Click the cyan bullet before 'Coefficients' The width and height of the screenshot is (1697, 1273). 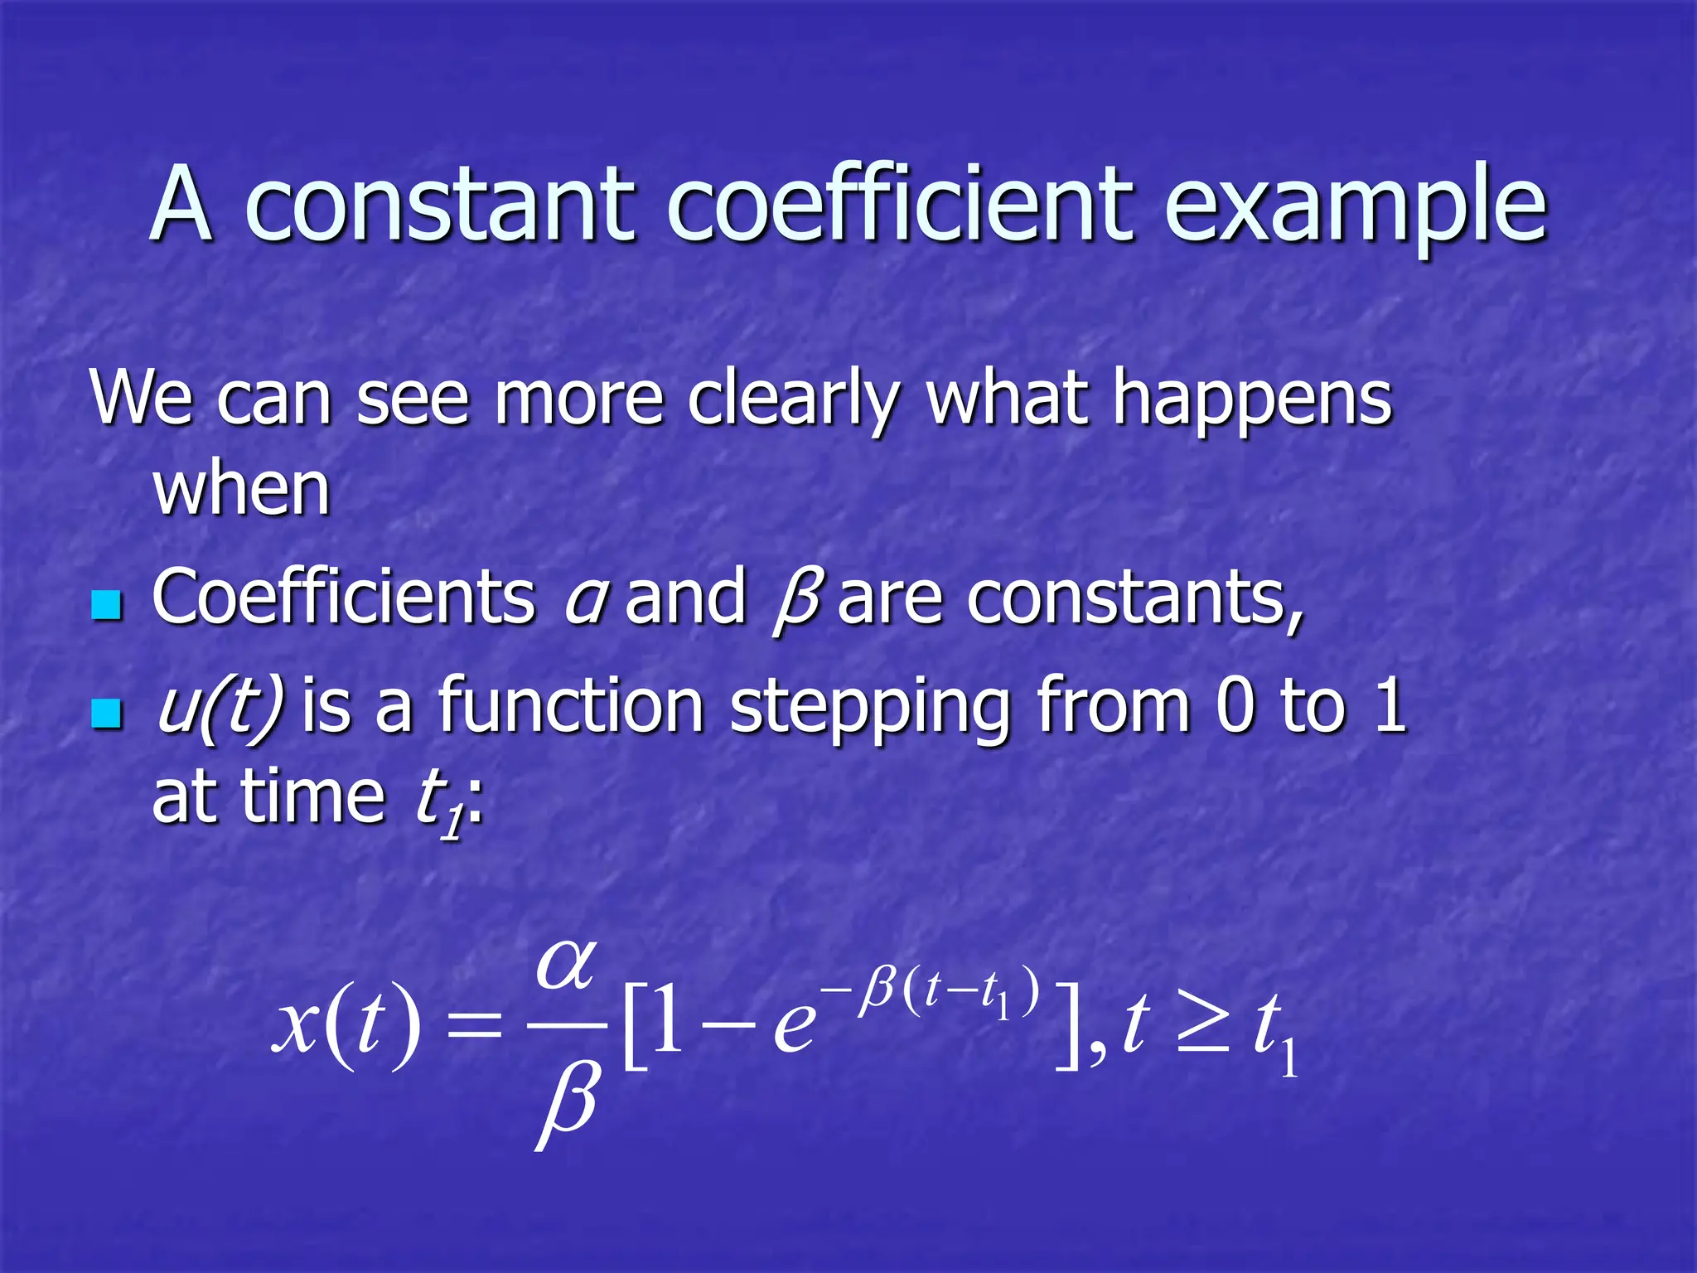point(106,605)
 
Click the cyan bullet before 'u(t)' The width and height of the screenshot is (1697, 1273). point(106,713)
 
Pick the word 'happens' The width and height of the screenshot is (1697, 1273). point(1252,403)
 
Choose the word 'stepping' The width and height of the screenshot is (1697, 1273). point(870,709)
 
